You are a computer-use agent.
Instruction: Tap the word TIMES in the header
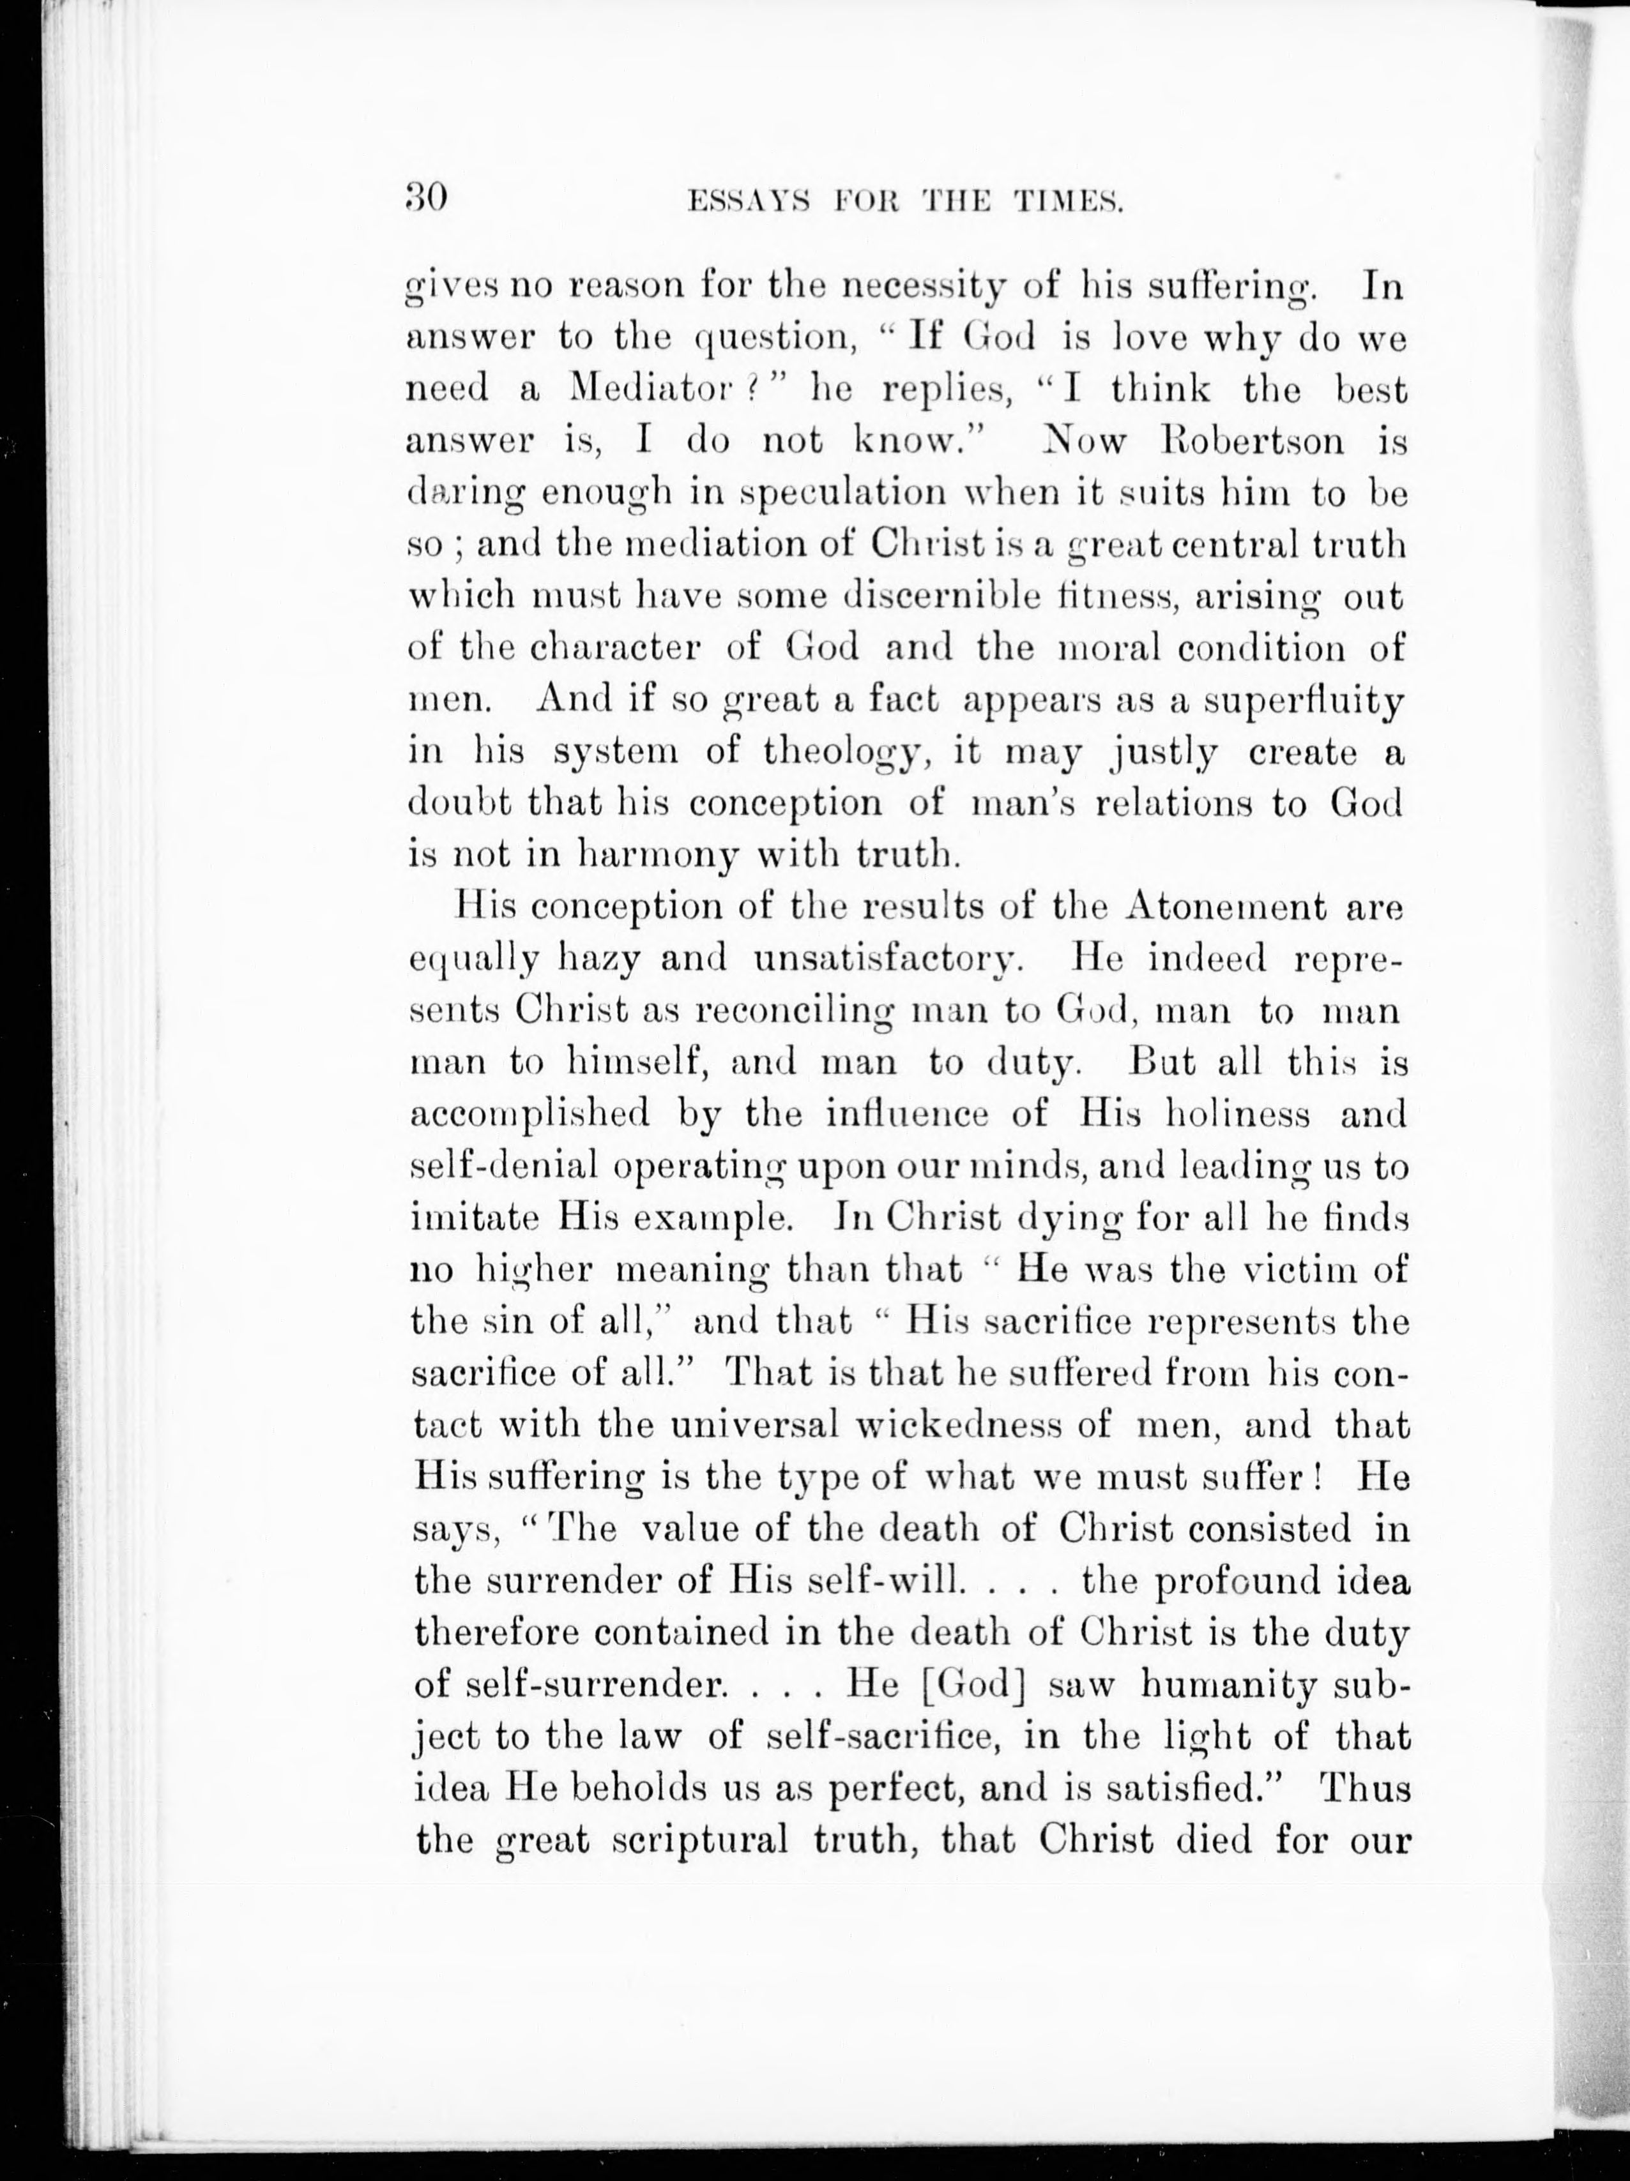[x=1068, y=202]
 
